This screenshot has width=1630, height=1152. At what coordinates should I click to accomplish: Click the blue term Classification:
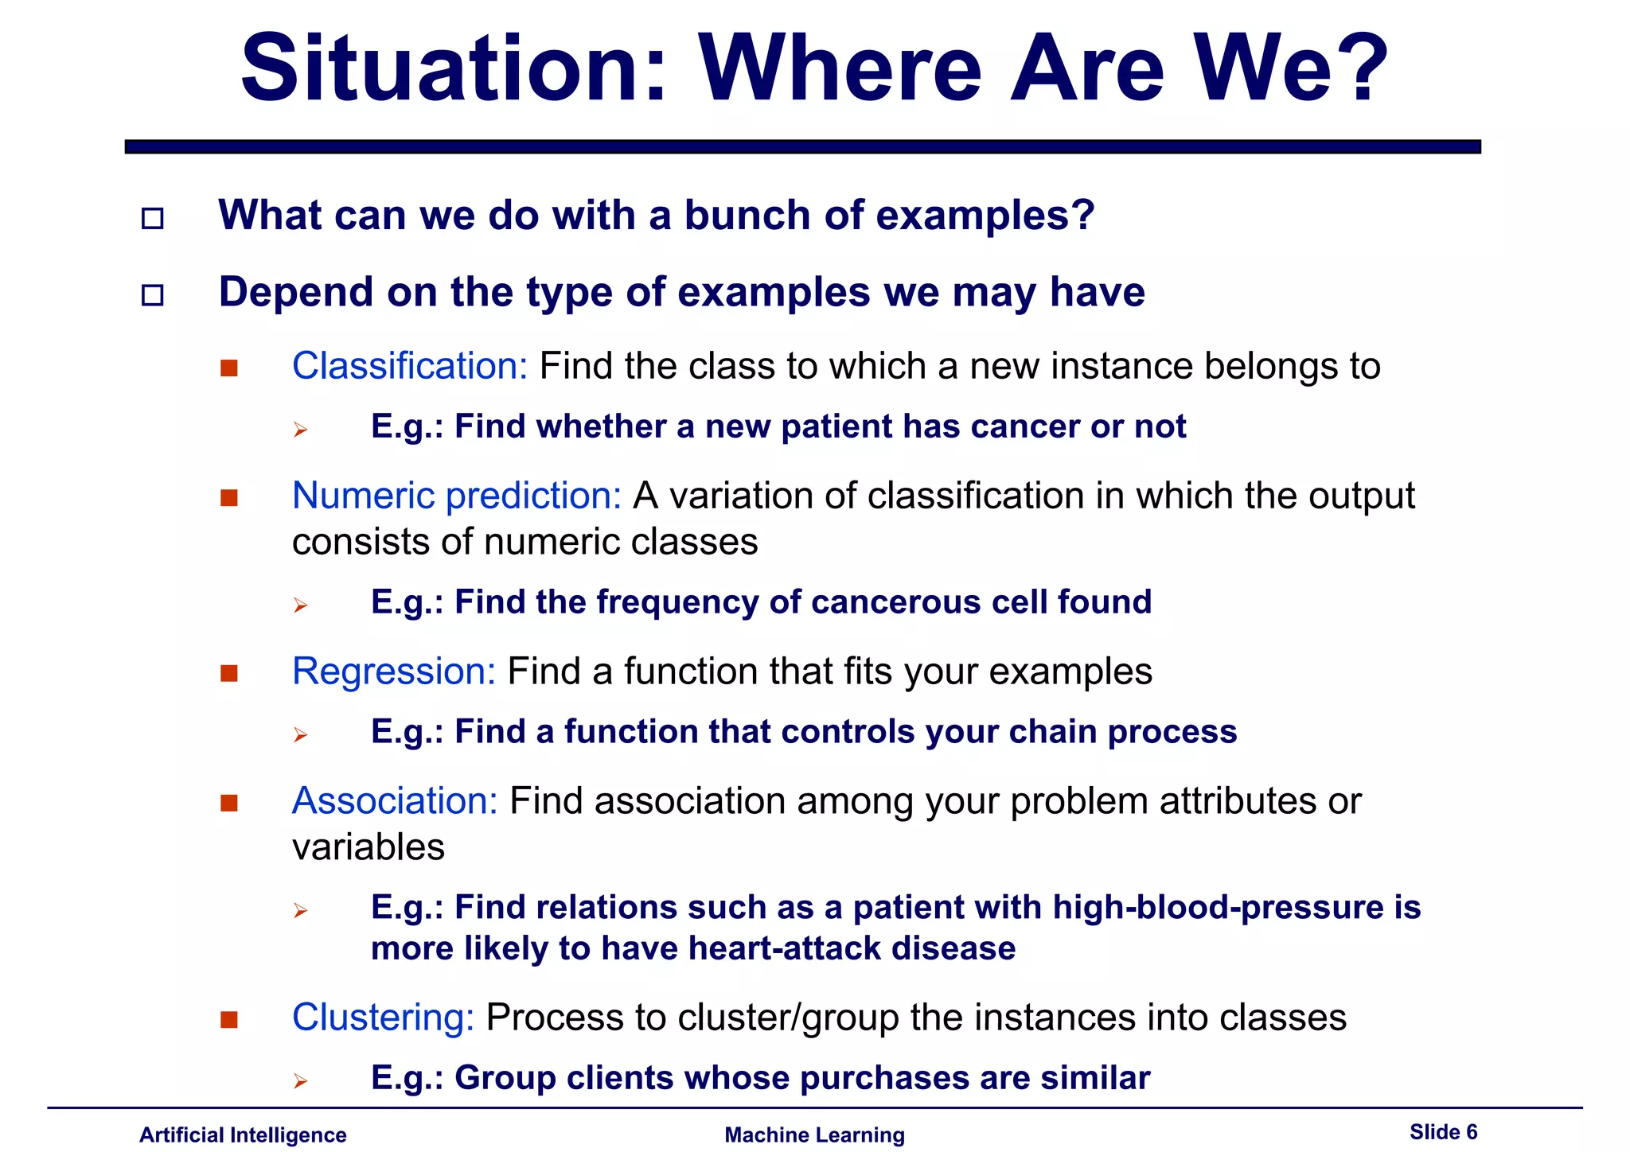[x=410, y=366]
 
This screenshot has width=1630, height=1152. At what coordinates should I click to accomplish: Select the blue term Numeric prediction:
[x=457, y=496]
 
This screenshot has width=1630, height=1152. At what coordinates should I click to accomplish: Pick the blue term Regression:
[x=394, y=671]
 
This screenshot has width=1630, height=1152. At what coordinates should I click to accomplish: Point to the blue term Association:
[x=395, y=801]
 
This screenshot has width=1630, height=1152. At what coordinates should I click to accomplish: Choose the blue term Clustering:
[x=383, y=1018]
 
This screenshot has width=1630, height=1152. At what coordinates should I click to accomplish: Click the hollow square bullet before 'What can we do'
[x=152, y=218]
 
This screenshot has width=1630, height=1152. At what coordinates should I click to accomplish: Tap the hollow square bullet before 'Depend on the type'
[x=152, y=295]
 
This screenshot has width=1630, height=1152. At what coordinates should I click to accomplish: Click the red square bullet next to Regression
[x=229, y=674]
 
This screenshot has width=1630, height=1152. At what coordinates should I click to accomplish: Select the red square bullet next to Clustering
[x=229, y=1020]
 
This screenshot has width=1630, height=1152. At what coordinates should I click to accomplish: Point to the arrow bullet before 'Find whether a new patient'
[x=300, y=430]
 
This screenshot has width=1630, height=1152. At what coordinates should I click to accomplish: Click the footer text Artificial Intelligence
[x=243, y=1134]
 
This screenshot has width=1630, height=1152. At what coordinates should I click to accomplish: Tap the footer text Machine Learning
[x=814, y=1134]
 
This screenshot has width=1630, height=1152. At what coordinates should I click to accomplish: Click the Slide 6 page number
[x=1443, y=1131]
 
